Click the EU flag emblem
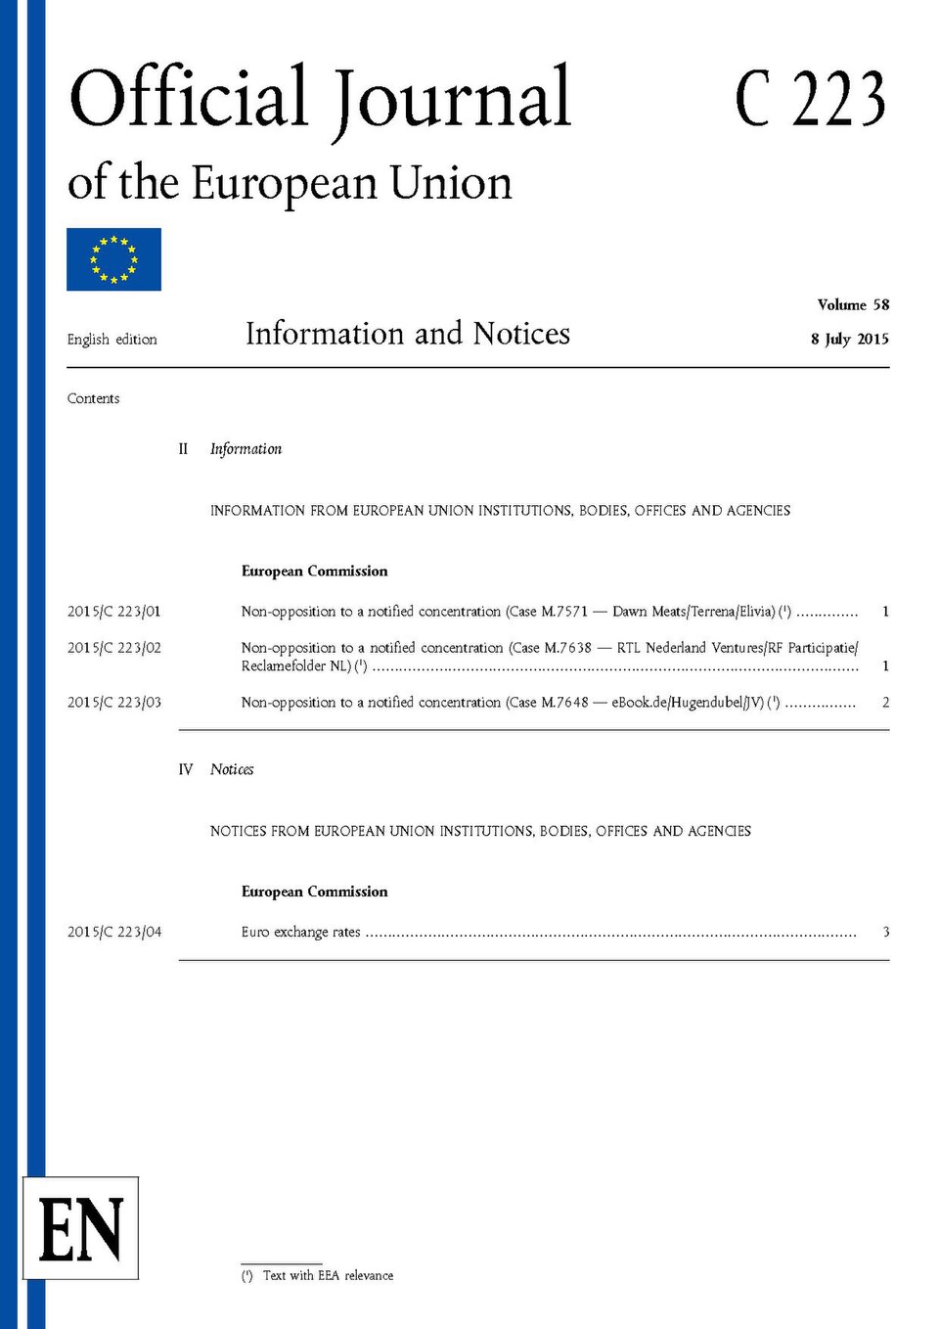[x=113, y=259]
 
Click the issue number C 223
[x=810, y=100]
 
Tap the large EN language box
[x=81, y=1228]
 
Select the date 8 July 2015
[x=849, y=339]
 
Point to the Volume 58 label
[x=853, y=304]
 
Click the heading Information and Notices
[x=407, y=334]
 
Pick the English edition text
[x=112, y=340]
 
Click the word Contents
[x=93, y=398]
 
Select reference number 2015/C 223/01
[x=113, y=612]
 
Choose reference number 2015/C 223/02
[x=113, y=648]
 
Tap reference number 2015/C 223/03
[x=113, y=703]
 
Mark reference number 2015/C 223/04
[x=113, y=933]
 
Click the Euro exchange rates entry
[x=301, y=933]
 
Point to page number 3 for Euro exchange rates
[x=885, y=932]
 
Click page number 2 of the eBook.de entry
[x=885, y=703]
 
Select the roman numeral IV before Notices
[x=186, y=770]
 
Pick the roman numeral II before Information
[x=183, y=449]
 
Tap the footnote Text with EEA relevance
[x=328, y=1275]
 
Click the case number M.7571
[x=564, y=612]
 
